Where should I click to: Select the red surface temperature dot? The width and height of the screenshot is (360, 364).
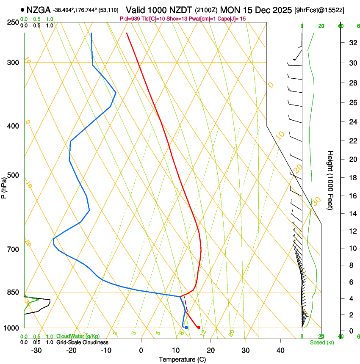click(199, 327)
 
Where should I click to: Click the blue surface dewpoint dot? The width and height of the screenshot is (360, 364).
click(186, 328)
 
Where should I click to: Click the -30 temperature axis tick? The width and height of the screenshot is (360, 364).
click(36, 350)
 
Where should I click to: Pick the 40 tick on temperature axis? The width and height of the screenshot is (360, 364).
click(280, 350)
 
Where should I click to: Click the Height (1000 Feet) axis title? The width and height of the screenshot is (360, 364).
click(331, 180)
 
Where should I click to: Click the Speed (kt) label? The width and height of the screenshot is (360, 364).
click(321, 342)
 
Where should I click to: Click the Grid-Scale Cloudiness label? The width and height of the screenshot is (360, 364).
click(82, 342)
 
